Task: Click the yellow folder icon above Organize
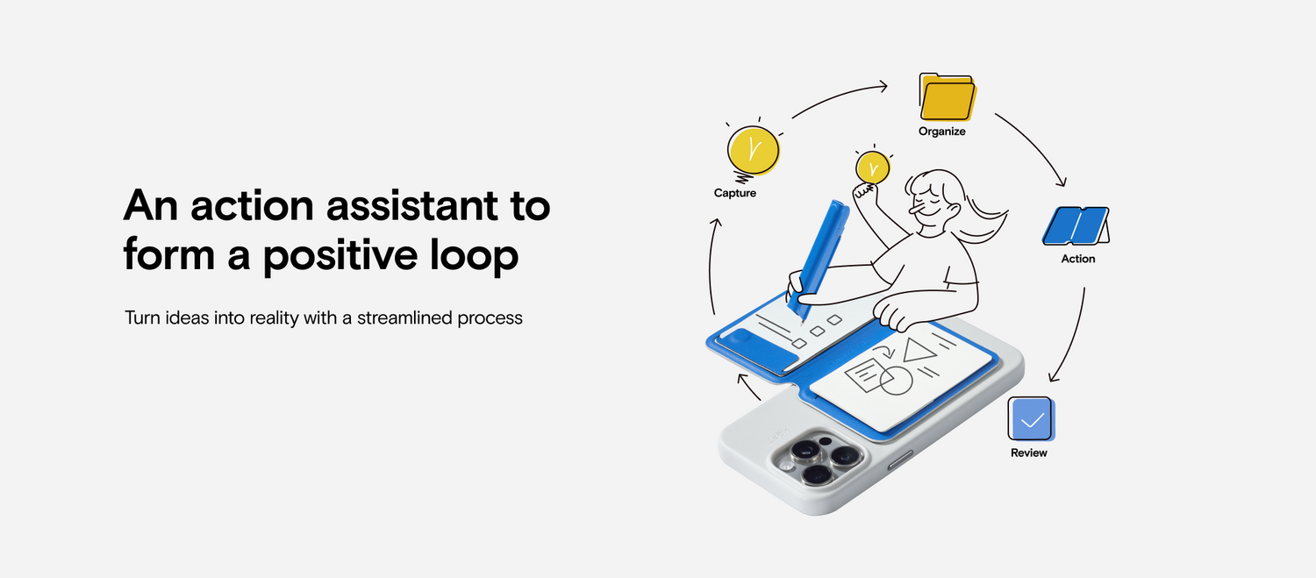948,97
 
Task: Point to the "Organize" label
941,132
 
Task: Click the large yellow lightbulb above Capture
753,150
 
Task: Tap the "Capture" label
735,193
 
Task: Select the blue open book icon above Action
1076,225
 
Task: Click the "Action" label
1078,259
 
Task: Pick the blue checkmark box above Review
1031,419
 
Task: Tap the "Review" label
1029,453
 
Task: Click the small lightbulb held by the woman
873,168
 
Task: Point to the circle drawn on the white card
896,381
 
